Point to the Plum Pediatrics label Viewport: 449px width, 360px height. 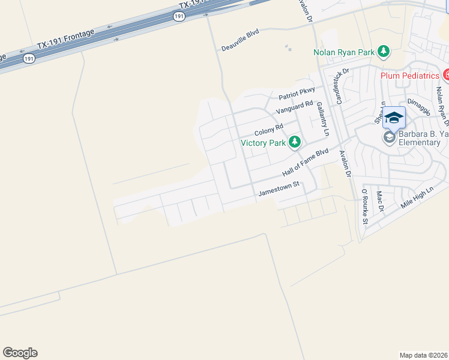point(410,76)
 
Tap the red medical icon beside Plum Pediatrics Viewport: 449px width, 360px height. point(447,76)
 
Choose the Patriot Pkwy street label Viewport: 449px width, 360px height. point(297,94)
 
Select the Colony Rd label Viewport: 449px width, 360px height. point(268,129)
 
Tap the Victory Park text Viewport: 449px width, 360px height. point(262,143)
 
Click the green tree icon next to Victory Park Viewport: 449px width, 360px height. point(294,142)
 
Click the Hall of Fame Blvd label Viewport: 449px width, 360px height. point(306,163)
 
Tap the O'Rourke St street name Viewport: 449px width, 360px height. point(364,206)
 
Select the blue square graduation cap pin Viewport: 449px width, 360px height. point(394,118)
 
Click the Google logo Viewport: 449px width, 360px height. point(20,353)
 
